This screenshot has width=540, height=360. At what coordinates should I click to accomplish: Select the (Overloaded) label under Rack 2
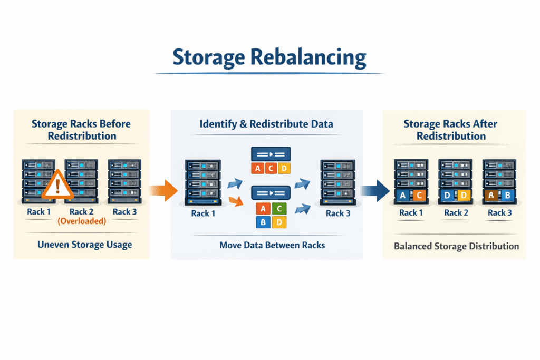(82, 221)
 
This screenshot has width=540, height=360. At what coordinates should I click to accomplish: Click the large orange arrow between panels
(165, 190)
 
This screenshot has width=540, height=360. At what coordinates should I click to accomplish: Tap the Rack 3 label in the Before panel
(124, 212)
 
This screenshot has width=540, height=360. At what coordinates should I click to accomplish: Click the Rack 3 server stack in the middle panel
(337, 181)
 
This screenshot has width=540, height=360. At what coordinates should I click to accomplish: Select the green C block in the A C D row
(271, 168)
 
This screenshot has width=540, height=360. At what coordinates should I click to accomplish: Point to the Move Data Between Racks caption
(265, 245)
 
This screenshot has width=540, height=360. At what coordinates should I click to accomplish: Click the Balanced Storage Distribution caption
(456, 246)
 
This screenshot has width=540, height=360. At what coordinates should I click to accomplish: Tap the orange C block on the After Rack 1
(419, 196)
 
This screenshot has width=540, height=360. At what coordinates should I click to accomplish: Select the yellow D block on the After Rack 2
(464, 196)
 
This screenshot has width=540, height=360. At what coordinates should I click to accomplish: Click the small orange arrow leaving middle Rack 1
(236, 200)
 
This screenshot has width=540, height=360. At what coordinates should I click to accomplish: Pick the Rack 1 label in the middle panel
(202, 213)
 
